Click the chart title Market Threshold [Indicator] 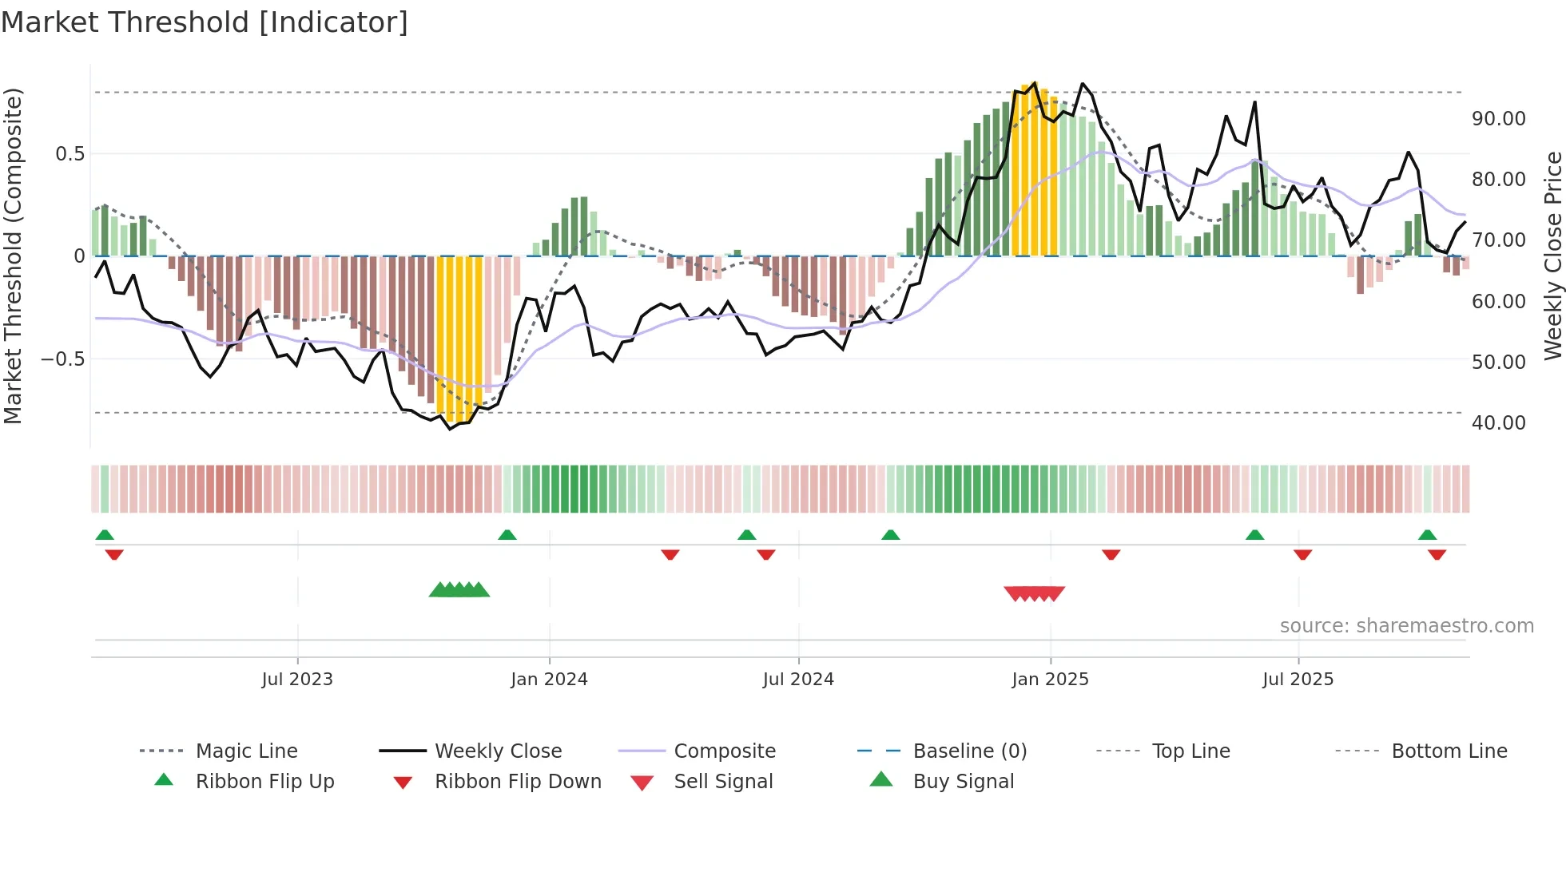click(205, 22)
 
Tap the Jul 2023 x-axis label click(296, 679)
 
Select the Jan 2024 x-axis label click(549, 679)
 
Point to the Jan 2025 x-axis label click(1050, 679)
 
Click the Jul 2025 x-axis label click(1298, 679)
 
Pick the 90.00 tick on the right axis click(1498, 119)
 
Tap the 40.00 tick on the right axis click(1498, 422)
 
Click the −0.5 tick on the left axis click(62, 359)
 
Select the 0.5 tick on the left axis click(70, 153)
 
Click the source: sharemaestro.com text click(1406, 625)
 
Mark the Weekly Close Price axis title click(1552, 256)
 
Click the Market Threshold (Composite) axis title click(13, 256)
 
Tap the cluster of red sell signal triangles click(1034, 593)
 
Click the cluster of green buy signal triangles click(459, 590)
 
